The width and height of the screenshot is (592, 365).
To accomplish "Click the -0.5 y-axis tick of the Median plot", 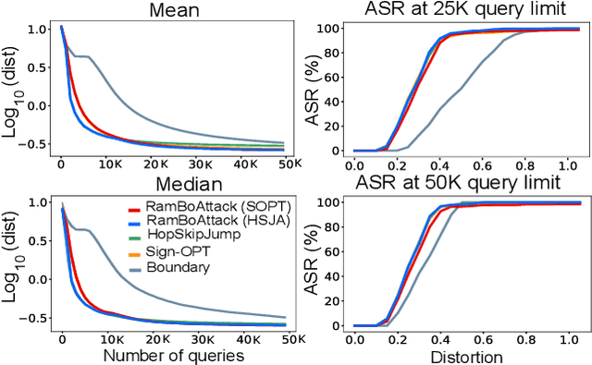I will pyautogui.click(x=33, y=315).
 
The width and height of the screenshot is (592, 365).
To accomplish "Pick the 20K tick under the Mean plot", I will pyautogui.click(x=154, y=166).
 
